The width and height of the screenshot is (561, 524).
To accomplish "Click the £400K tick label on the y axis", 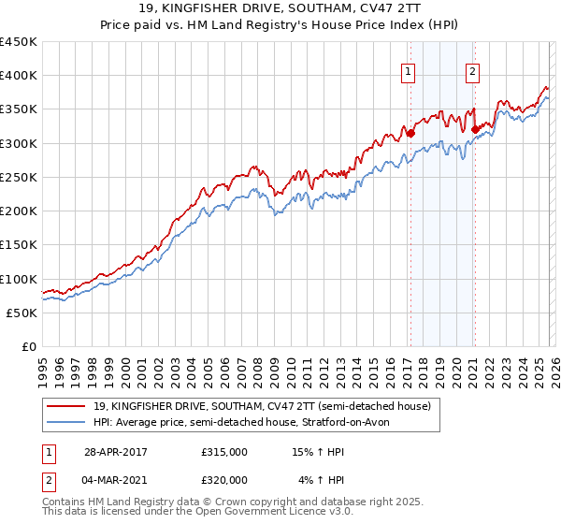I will [x=19, y=76].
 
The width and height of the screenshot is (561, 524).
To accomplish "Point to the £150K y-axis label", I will [x=19, y=245].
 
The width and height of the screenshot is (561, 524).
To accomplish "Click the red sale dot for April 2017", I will [x=410, y=134].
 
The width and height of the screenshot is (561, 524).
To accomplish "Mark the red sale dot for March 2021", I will [x=475, y=130].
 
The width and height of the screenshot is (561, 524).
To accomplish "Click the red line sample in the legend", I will [x=66, y=407].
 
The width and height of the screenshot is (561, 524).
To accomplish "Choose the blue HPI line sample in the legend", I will [x=66, y=423].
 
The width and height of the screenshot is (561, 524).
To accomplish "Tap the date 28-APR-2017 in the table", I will [x=115, y=452].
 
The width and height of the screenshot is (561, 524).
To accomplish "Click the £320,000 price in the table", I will [x=224, y=480].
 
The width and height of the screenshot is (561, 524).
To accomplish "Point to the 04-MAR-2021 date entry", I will [x=116, y=480].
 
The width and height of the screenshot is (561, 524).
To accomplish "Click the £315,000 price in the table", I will [x=224, y=452].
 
